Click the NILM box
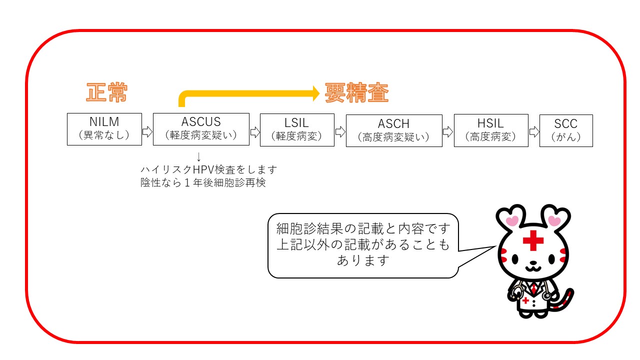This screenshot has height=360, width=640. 104,129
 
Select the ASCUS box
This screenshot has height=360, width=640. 201,129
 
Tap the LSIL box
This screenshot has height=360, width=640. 297,130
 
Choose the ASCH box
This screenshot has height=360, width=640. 394,130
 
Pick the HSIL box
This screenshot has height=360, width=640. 490,130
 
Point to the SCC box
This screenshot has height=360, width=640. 566,130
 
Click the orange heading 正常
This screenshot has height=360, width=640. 107,93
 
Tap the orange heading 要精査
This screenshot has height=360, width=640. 356,93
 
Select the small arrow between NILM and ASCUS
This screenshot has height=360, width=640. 147,131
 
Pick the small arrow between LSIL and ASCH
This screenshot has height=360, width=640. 340,131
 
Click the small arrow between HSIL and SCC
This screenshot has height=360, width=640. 534,131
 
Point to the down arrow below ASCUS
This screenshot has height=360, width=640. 198,157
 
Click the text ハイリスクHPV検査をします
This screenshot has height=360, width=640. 208,169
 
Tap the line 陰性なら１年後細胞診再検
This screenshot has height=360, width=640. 203,183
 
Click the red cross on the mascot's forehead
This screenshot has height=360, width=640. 533,242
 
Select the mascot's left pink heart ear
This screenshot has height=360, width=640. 512,220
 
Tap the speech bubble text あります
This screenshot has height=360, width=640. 363,260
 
